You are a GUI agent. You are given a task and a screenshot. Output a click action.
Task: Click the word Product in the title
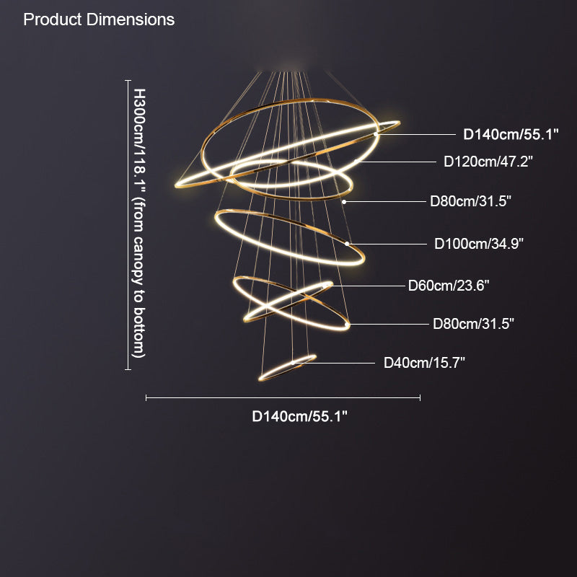52,19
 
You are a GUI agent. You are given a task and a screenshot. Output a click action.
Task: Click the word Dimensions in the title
131,19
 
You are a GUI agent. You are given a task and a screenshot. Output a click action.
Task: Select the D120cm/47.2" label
488,162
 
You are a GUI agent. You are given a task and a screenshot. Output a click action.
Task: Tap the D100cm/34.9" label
479,244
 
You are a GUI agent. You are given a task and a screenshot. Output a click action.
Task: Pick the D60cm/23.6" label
449,286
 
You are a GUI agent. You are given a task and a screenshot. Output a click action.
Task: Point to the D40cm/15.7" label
424,363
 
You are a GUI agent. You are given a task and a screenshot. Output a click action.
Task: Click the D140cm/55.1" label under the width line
299,417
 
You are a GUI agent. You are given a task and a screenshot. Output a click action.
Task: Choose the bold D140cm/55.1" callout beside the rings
511,135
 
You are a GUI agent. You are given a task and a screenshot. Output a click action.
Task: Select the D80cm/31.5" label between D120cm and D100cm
471,201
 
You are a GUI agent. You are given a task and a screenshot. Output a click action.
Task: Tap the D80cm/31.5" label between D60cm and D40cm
473,324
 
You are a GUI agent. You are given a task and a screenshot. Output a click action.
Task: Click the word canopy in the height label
138,261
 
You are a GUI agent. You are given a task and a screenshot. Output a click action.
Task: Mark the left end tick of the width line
146,398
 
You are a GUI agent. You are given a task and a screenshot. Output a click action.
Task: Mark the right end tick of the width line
420,398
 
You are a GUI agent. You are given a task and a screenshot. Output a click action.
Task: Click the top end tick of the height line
128,80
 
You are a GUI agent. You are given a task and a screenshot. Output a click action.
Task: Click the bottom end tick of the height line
128,369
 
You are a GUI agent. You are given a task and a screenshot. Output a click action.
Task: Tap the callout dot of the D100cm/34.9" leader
347,244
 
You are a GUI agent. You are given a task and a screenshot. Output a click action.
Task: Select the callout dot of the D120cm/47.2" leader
356,162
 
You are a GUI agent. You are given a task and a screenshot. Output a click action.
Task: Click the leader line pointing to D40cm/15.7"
334,363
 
